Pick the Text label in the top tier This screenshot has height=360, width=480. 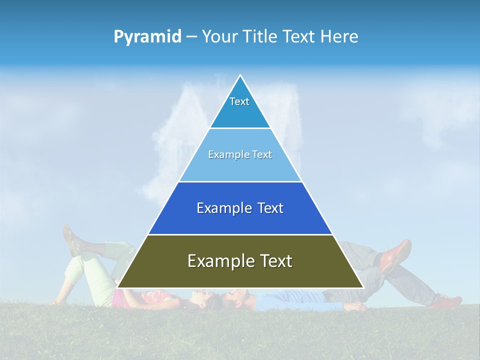click(239, 101)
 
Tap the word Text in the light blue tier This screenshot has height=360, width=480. click(262, 154)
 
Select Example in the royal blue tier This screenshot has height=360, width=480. click(223, 208)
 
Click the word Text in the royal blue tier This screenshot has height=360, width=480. click(270, 208)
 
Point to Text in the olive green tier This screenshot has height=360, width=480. click(275, 261)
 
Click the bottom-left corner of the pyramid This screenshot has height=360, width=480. click(117, 287)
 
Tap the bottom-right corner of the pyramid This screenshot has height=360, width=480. click(363, 287)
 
